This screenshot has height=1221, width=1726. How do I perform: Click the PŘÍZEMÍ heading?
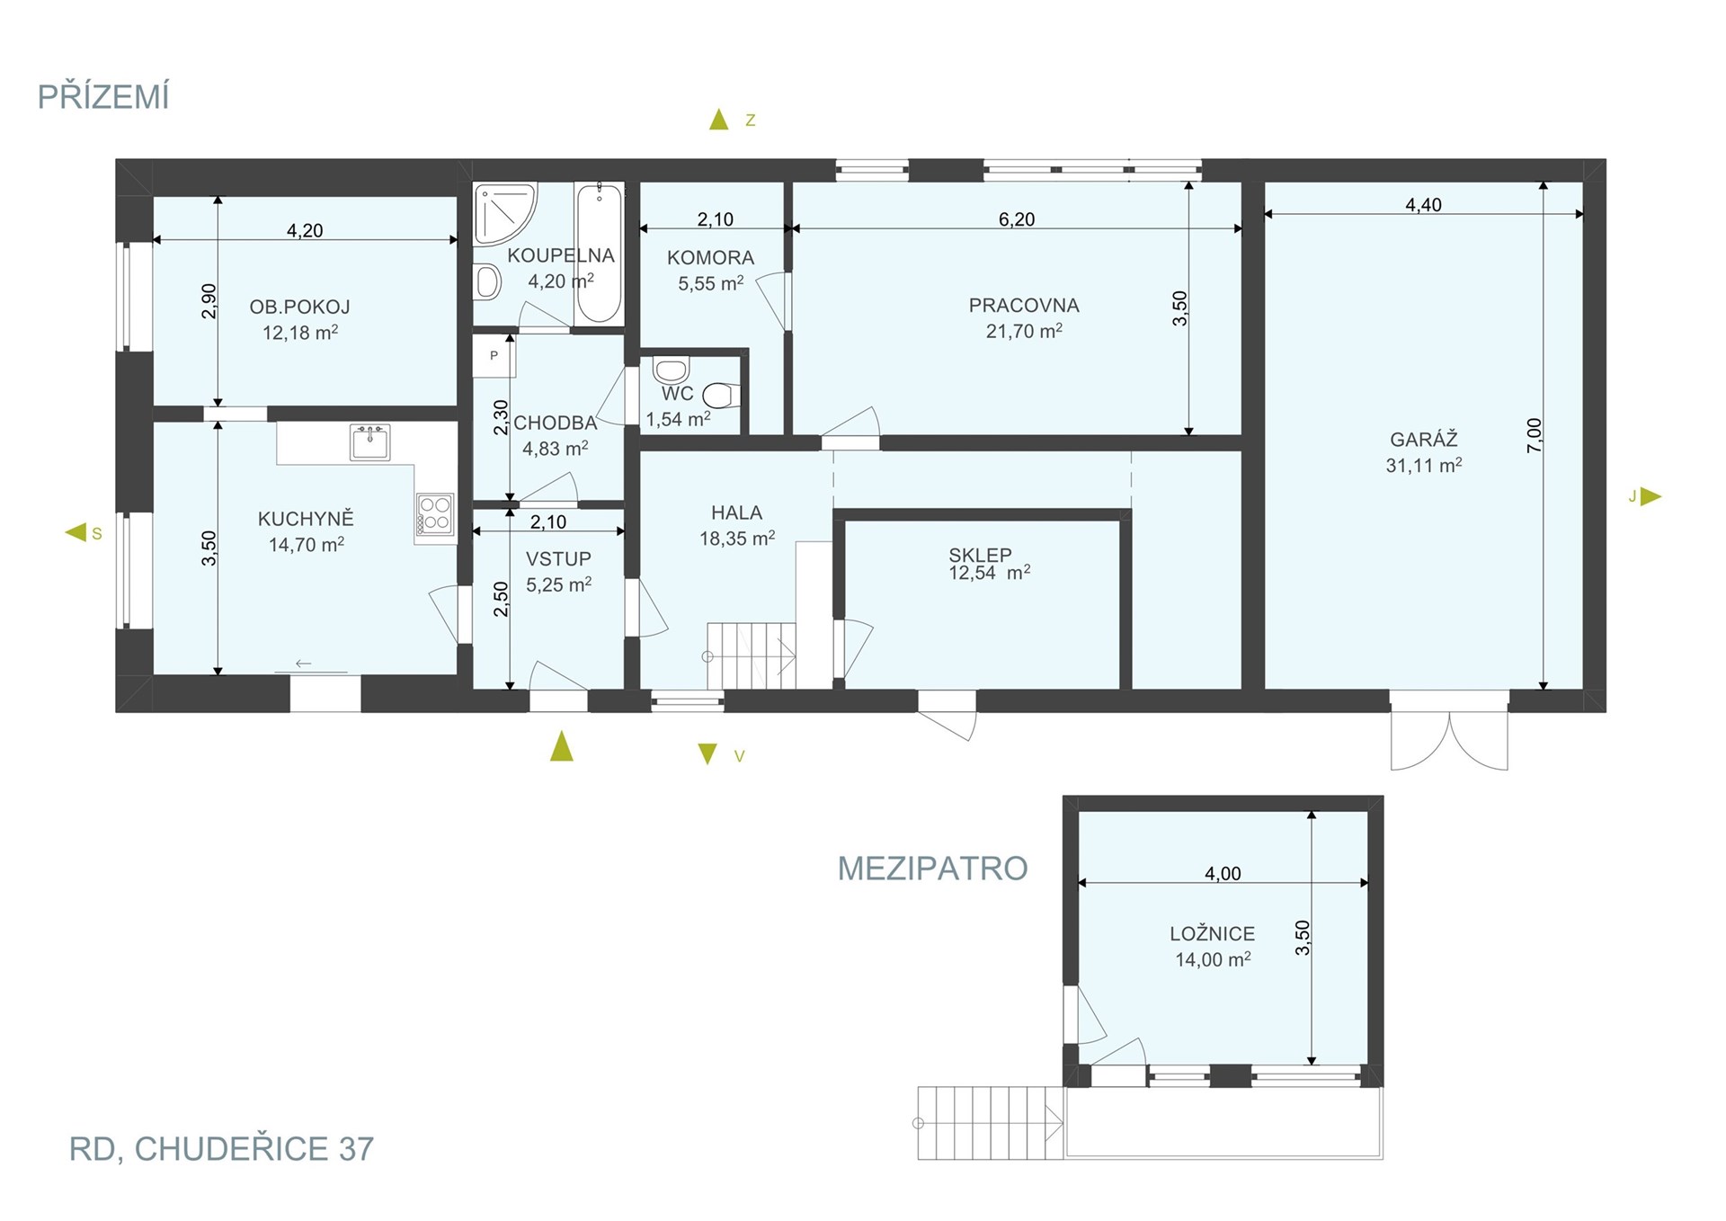point(103,96)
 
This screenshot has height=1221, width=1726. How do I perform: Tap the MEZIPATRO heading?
point(932,869)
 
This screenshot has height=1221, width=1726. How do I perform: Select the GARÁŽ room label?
point(1424,440)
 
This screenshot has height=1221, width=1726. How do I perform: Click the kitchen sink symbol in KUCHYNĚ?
point(370,442)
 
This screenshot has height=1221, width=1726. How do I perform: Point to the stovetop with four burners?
point(435,514)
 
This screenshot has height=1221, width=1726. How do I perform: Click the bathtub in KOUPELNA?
point(599,253)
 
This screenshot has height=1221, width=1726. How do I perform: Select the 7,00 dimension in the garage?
point(1535,436)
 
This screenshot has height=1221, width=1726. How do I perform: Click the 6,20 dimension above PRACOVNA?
point(1017,219)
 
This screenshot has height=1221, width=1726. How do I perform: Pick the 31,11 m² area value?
point(1424,466)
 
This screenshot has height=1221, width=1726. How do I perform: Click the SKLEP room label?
point(980,555)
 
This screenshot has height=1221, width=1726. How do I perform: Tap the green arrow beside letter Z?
point(718,119)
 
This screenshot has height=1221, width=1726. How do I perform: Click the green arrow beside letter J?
point(1650,496)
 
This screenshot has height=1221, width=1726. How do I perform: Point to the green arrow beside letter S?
point(76,532)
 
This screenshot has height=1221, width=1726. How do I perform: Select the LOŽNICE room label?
point(1212,934)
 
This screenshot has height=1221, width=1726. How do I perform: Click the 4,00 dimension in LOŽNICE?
point(1223,874)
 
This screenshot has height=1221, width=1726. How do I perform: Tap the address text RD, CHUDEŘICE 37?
point(221,1149)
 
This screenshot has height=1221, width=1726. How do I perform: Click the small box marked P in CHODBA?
point(494,356)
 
